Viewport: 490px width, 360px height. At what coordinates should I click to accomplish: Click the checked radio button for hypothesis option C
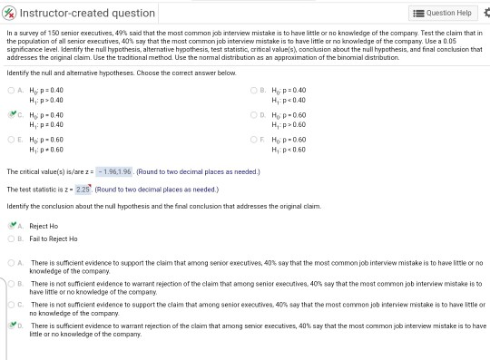click(x=11, y=116)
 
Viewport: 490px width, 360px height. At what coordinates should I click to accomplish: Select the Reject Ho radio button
click(x=11, y=225)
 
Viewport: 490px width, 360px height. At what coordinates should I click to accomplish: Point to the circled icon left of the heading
click(x=9, y=13)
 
